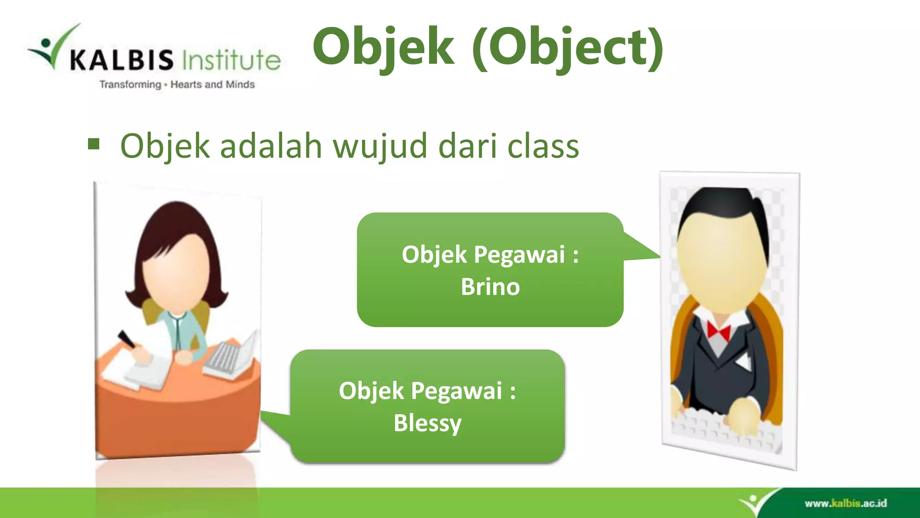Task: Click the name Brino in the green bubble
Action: click(490, 287)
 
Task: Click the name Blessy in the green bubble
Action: click(427, 423)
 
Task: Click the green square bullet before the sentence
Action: click(93, 144)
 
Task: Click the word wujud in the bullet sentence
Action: click(380, 147)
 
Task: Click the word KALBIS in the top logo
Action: click(122, 60)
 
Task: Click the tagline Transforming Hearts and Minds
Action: click(177, 85)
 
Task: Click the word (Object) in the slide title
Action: click(568, 47)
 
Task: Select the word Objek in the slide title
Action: click(383, 47)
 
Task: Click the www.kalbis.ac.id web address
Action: click(845, 503)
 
